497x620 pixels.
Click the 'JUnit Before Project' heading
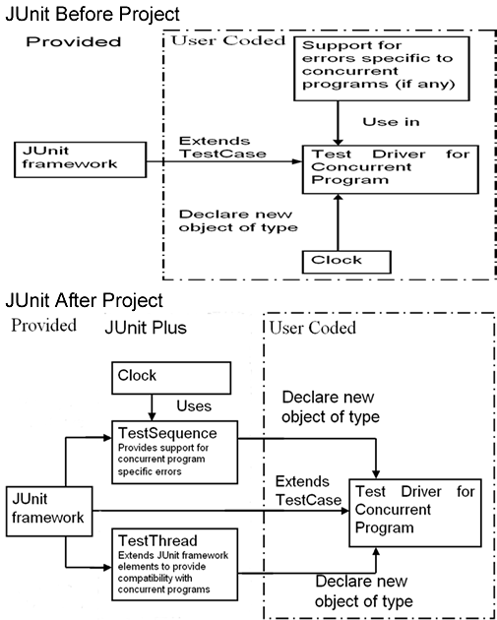(93, 14)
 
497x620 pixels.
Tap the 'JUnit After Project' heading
(84, 300)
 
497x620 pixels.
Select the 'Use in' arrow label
(391, 122)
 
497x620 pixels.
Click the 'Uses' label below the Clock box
(194, 406)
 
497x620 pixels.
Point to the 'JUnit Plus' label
(146, 328)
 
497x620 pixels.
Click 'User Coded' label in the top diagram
(228, 40)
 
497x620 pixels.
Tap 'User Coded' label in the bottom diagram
(312, 328)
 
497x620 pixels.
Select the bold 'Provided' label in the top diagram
(73, 41)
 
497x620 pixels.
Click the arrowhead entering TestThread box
(107, 568)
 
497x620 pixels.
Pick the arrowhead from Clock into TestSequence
(152, 416)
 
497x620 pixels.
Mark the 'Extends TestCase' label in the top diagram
(222, 147)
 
